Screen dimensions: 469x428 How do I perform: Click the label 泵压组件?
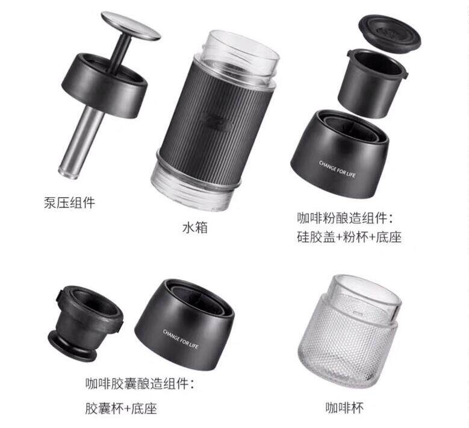coord(69,203)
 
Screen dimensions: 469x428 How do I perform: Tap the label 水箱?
coord(195,227)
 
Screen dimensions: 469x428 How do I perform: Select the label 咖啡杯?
coord(344,408)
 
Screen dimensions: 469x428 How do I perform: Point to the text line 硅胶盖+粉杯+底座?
coord(349,237)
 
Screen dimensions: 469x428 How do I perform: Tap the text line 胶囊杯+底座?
coord(121,408)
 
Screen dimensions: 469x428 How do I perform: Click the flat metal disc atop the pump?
coord(131,26)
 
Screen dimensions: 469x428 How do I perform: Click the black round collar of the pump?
coord(105,86)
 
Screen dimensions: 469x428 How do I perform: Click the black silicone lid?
coord(390,34)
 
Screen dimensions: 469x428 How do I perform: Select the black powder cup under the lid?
coord(373,83)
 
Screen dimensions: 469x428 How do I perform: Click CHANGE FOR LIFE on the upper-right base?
coord(337,169)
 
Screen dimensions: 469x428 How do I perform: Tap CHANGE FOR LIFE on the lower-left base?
coord(181,339)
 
